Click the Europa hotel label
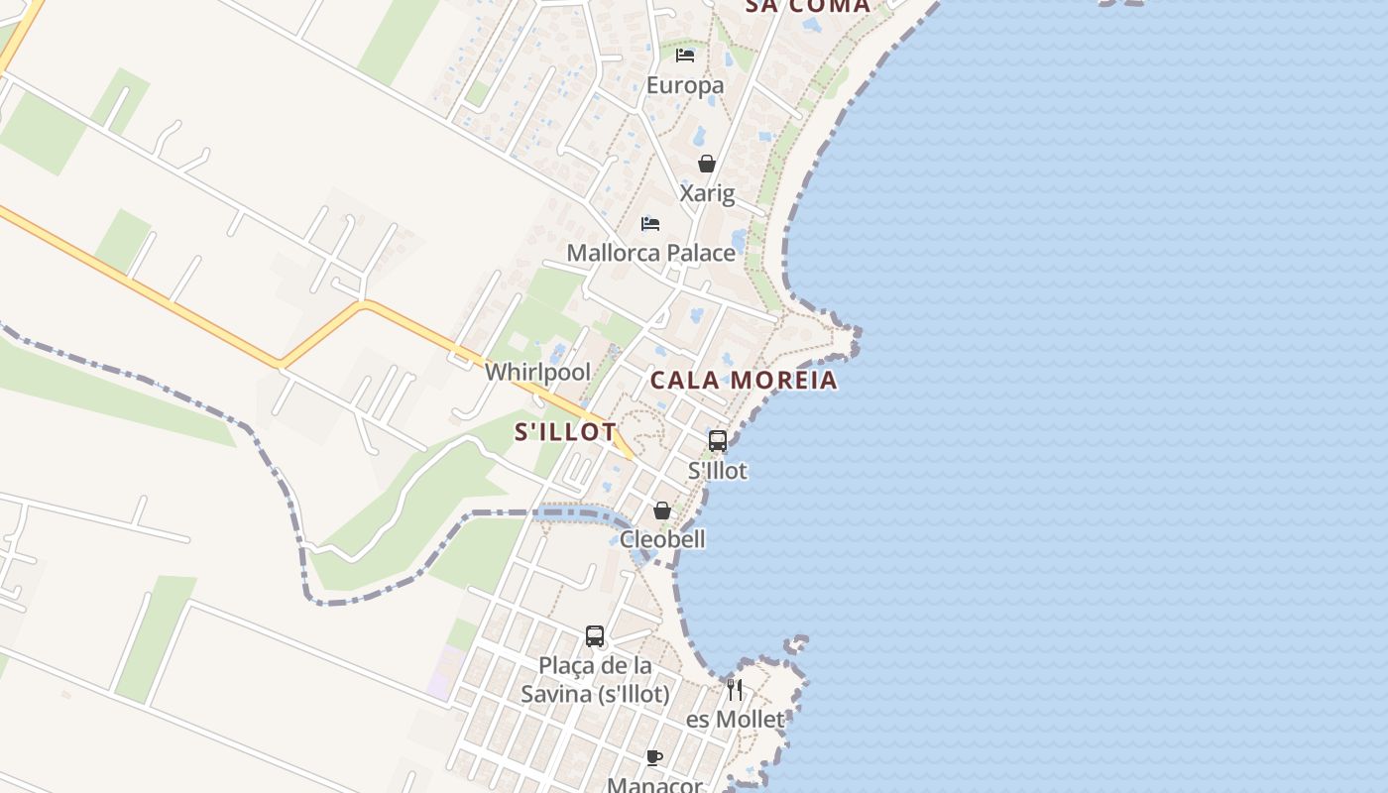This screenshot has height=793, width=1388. (685, 85)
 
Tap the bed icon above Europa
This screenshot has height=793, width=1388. (685, 55)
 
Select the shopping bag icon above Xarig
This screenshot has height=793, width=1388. (707, 164)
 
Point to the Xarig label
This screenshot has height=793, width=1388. (707, 192)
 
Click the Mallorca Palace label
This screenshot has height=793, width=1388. (651, 253)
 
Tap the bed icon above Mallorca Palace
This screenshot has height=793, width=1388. (650, 223)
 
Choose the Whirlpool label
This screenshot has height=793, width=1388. (537, 373)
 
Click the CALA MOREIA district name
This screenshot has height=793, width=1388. (744, 381)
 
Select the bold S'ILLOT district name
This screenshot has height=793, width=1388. (565, 432)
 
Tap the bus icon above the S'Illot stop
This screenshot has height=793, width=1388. (718, 441)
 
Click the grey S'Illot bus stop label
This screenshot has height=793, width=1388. (718, 470)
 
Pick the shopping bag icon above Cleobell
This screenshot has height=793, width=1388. (662, 510)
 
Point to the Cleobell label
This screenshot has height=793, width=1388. (662, 539)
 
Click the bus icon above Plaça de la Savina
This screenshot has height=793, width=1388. (595, 636)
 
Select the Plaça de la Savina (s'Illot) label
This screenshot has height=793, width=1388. (595, 679)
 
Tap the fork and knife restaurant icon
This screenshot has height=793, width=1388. (735, 689)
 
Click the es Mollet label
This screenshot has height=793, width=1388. (735, 720)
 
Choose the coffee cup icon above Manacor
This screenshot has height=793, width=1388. (654, 758)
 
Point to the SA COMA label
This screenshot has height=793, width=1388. (807, 6)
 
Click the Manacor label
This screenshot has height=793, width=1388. (654, 785)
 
